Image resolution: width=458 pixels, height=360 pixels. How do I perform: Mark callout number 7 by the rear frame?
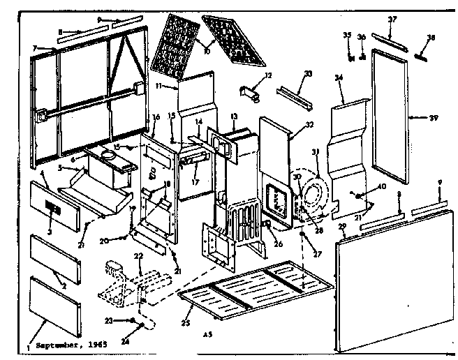click(x=34, y=47)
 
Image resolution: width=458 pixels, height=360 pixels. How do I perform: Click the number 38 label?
click(x=430, y=38)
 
